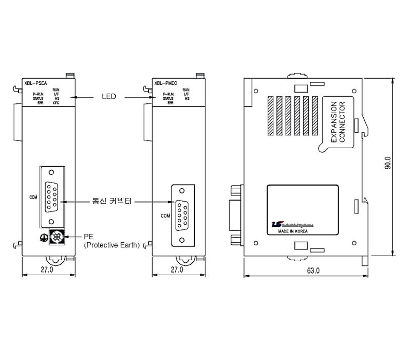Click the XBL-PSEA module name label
point(33,82)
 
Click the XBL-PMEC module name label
point(164,82)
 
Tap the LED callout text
point(108,96)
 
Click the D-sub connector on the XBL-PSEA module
point(51,195)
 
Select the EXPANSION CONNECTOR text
point(339,122)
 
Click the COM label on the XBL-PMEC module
point(165,215)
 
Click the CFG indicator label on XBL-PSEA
point(56,103)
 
